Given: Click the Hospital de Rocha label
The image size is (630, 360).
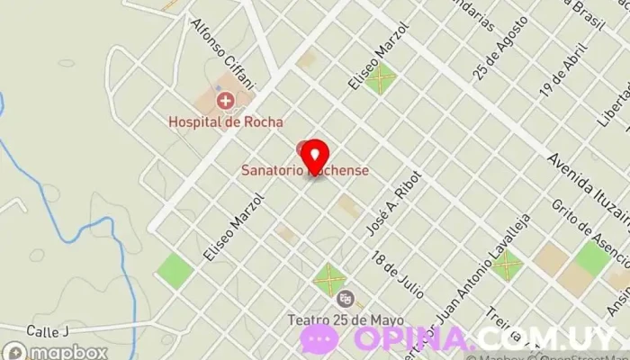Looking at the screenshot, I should tap(226, 121).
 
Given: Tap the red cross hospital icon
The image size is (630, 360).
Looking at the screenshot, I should tap(224, 101).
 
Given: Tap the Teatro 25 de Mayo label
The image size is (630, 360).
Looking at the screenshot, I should tap(346, 319).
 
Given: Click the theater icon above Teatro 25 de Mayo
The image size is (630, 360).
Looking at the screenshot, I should tap(344, 298).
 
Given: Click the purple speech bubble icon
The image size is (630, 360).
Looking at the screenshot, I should tap(320, 339).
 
